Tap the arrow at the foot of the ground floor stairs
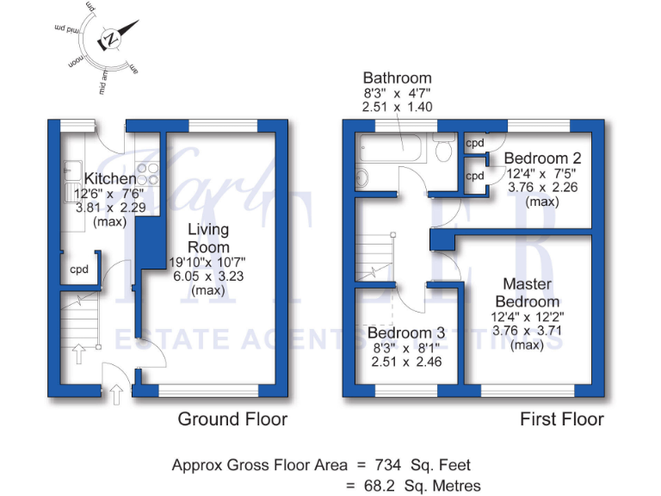coord(79,352)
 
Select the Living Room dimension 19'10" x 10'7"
coord(207,262)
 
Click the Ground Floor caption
coord(232,419)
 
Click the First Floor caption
coord(562,419)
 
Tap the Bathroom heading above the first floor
coord(397,77)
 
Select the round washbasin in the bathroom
coord(361,178)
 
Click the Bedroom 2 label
coord(542,158)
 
